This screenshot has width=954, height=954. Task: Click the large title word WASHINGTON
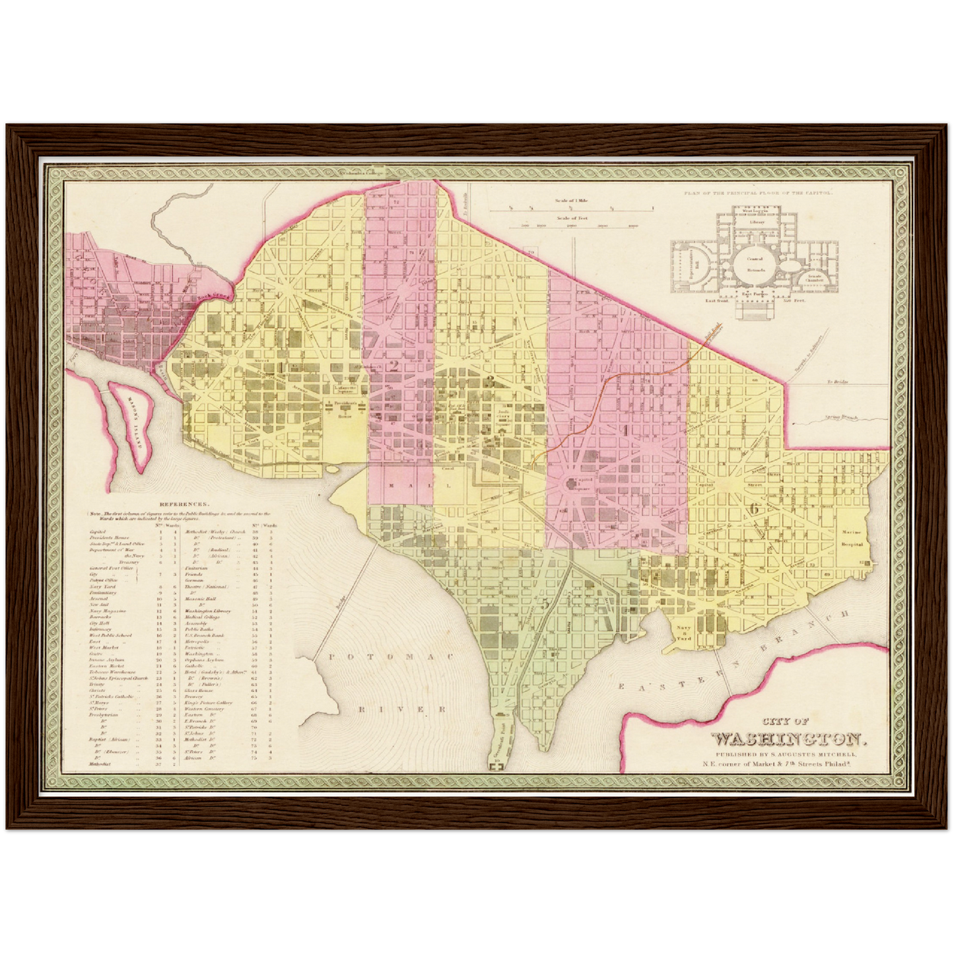pos(786,738)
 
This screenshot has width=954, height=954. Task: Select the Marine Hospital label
pos(852,538)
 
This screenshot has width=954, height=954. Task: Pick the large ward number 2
pos(394,366)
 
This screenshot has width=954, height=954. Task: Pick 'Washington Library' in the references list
pos(207,611)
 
